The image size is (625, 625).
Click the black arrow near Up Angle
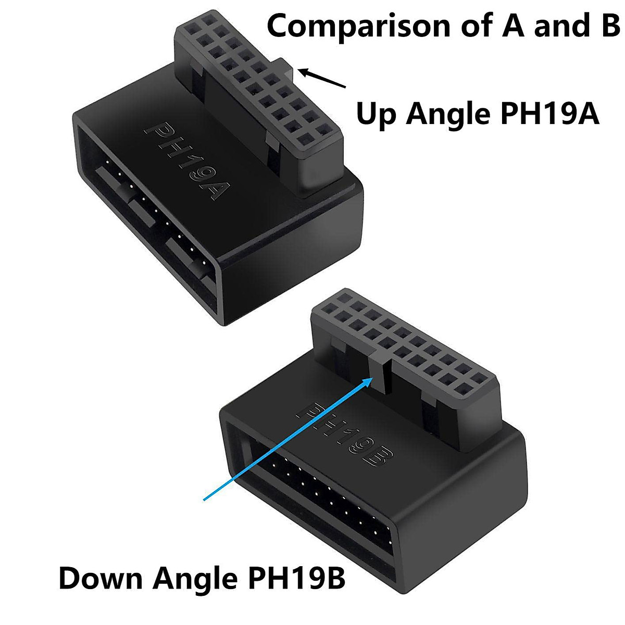tap(323, 79)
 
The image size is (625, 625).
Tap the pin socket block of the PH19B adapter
tap(406, 344)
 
